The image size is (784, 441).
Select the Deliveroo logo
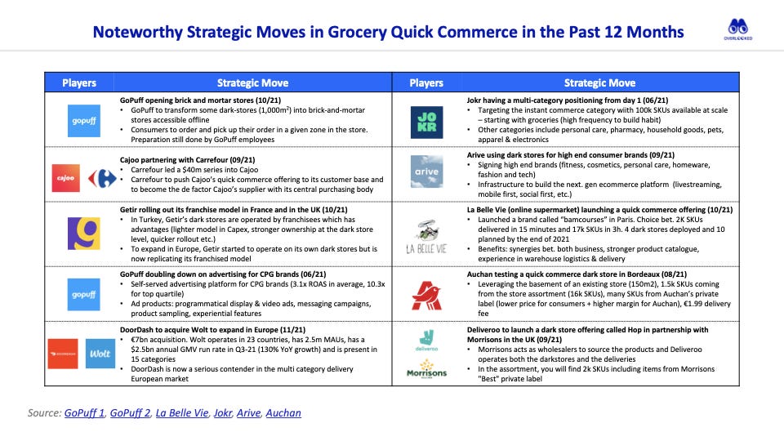coord(425,340)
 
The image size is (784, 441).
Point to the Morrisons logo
coord(425,370)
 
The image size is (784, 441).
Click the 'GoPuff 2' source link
coord(129,413)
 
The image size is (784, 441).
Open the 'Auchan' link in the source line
coord(283,413)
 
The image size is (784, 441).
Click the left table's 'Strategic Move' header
coord(252,82)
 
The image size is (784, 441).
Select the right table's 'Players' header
coord(425,82)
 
